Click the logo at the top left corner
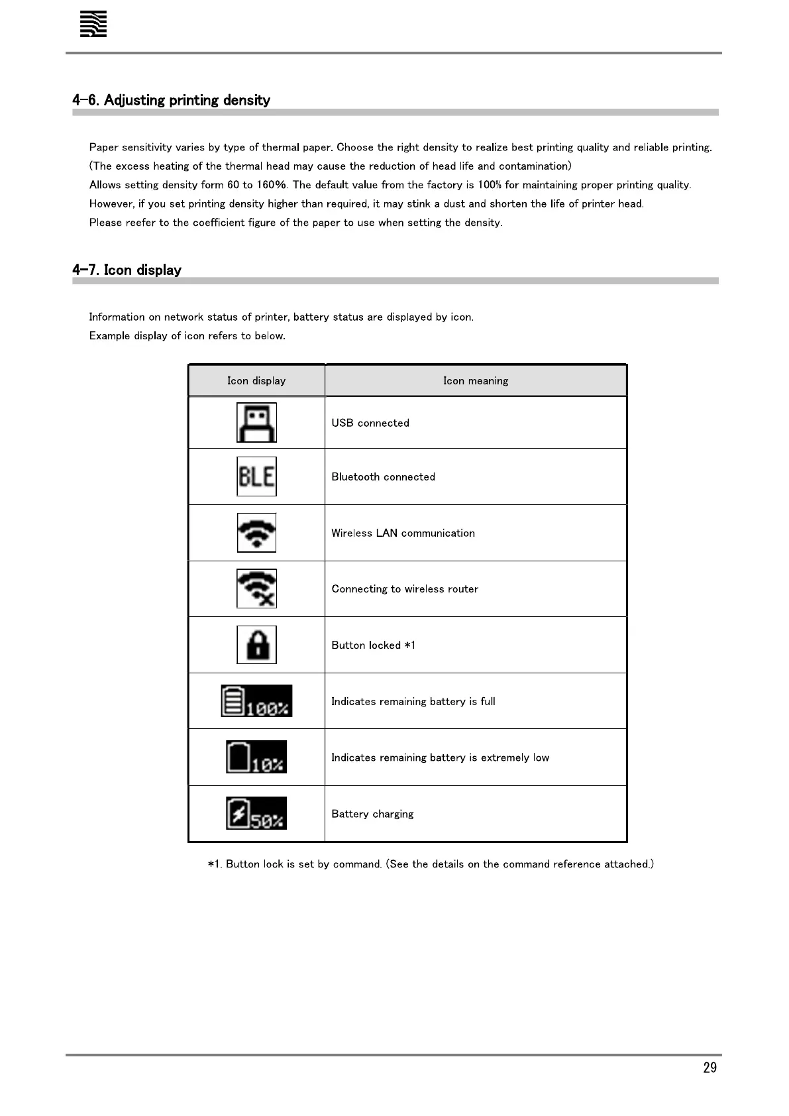coord(93,25)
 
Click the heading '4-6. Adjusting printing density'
coord(171,100)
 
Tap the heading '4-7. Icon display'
coord(127,270)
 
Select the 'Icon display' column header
coord(256,380)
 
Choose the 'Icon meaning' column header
coord(476,380)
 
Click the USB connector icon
coord(256,422)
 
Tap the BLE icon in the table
coord(256,476)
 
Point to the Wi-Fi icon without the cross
coord(256,533)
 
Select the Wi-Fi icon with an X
coord(256,588)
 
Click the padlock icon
coord(256,645)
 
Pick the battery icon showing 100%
coord(256,701)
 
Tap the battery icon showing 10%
coord(256,757)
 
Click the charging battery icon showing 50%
coord(256,813)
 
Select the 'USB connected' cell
coord(370,423)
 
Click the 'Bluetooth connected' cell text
coord(383,476)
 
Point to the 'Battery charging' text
coord(372,814)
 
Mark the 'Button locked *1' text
coord(373,645)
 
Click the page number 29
coord(710,1068)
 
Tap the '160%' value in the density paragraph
coord(271,185)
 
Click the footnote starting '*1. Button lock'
coord(431,864)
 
